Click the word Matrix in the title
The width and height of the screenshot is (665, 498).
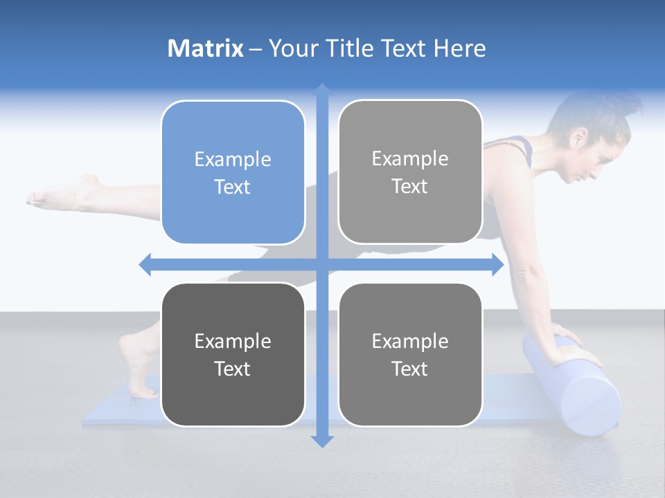pyautogui.click(x=205, y=48)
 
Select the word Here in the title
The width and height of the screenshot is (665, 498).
pyautogui.click(x=459, y=48)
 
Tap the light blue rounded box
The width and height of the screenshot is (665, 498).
pyautogui.click(x=233, y=172)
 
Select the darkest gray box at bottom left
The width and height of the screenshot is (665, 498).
pyautogui.click(x=233, y=354)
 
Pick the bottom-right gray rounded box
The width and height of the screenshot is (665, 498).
pyautogui.click(x=410, y=354)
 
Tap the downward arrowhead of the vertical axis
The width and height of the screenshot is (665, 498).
pyautogui.click(x=322, y=441)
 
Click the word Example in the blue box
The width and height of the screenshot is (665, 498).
pyautogui.click(x=233, y=159)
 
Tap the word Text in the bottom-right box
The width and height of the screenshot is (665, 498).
pyautogui.click(x=410, y=369)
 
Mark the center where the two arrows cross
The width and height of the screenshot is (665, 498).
pyautogui.click(x=322, y=264)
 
